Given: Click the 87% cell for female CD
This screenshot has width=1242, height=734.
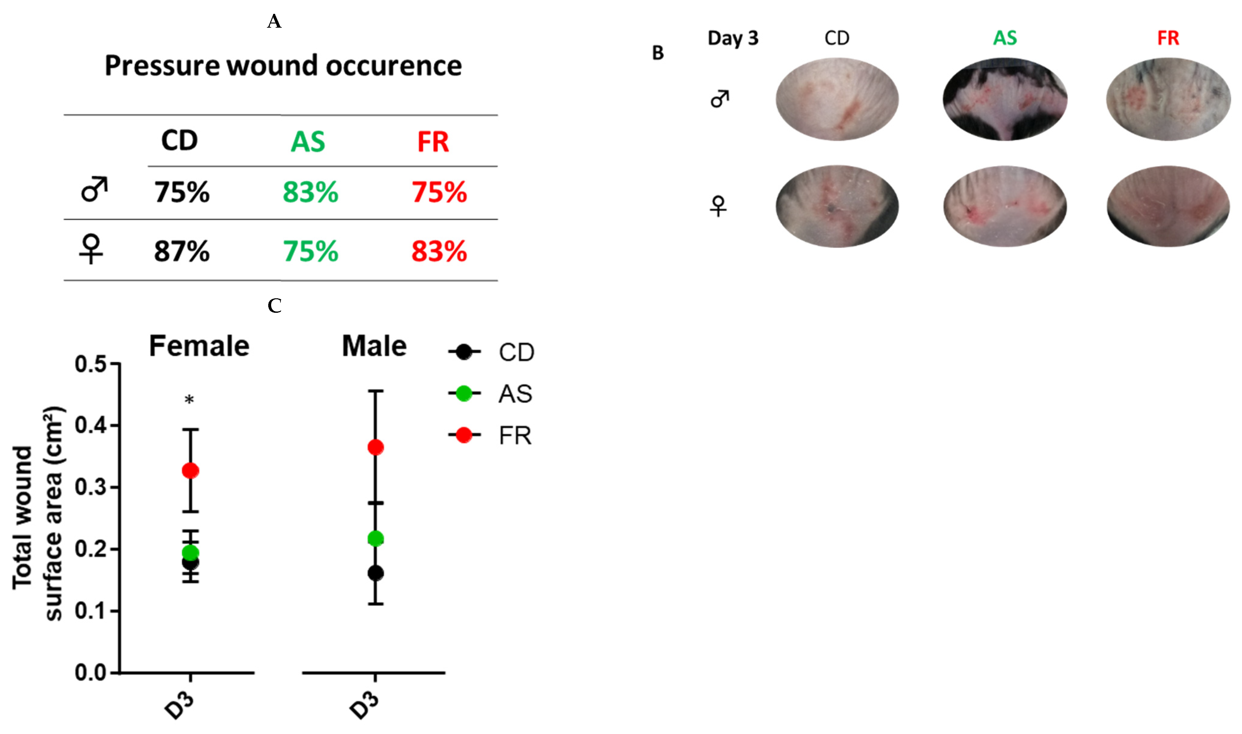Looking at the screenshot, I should point(182,251).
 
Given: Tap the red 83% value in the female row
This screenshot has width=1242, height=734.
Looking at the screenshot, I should point(439,251).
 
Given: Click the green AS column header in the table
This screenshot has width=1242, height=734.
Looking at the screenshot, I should point(308,142).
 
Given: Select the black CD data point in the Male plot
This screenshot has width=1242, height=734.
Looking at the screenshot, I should point(375,573).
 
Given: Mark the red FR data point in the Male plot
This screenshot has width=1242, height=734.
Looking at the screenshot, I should point(375,448).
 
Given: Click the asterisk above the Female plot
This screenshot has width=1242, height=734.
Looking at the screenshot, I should point(189,400).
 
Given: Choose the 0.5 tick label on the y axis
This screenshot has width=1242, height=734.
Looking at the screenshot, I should point(90,365).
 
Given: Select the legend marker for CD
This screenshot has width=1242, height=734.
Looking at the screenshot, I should point(464,352).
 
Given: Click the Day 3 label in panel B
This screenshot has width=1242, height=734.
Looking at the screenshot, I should point(733,38).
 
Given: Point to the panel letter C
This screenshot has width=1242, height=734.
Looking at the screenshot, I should point(275,306).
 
